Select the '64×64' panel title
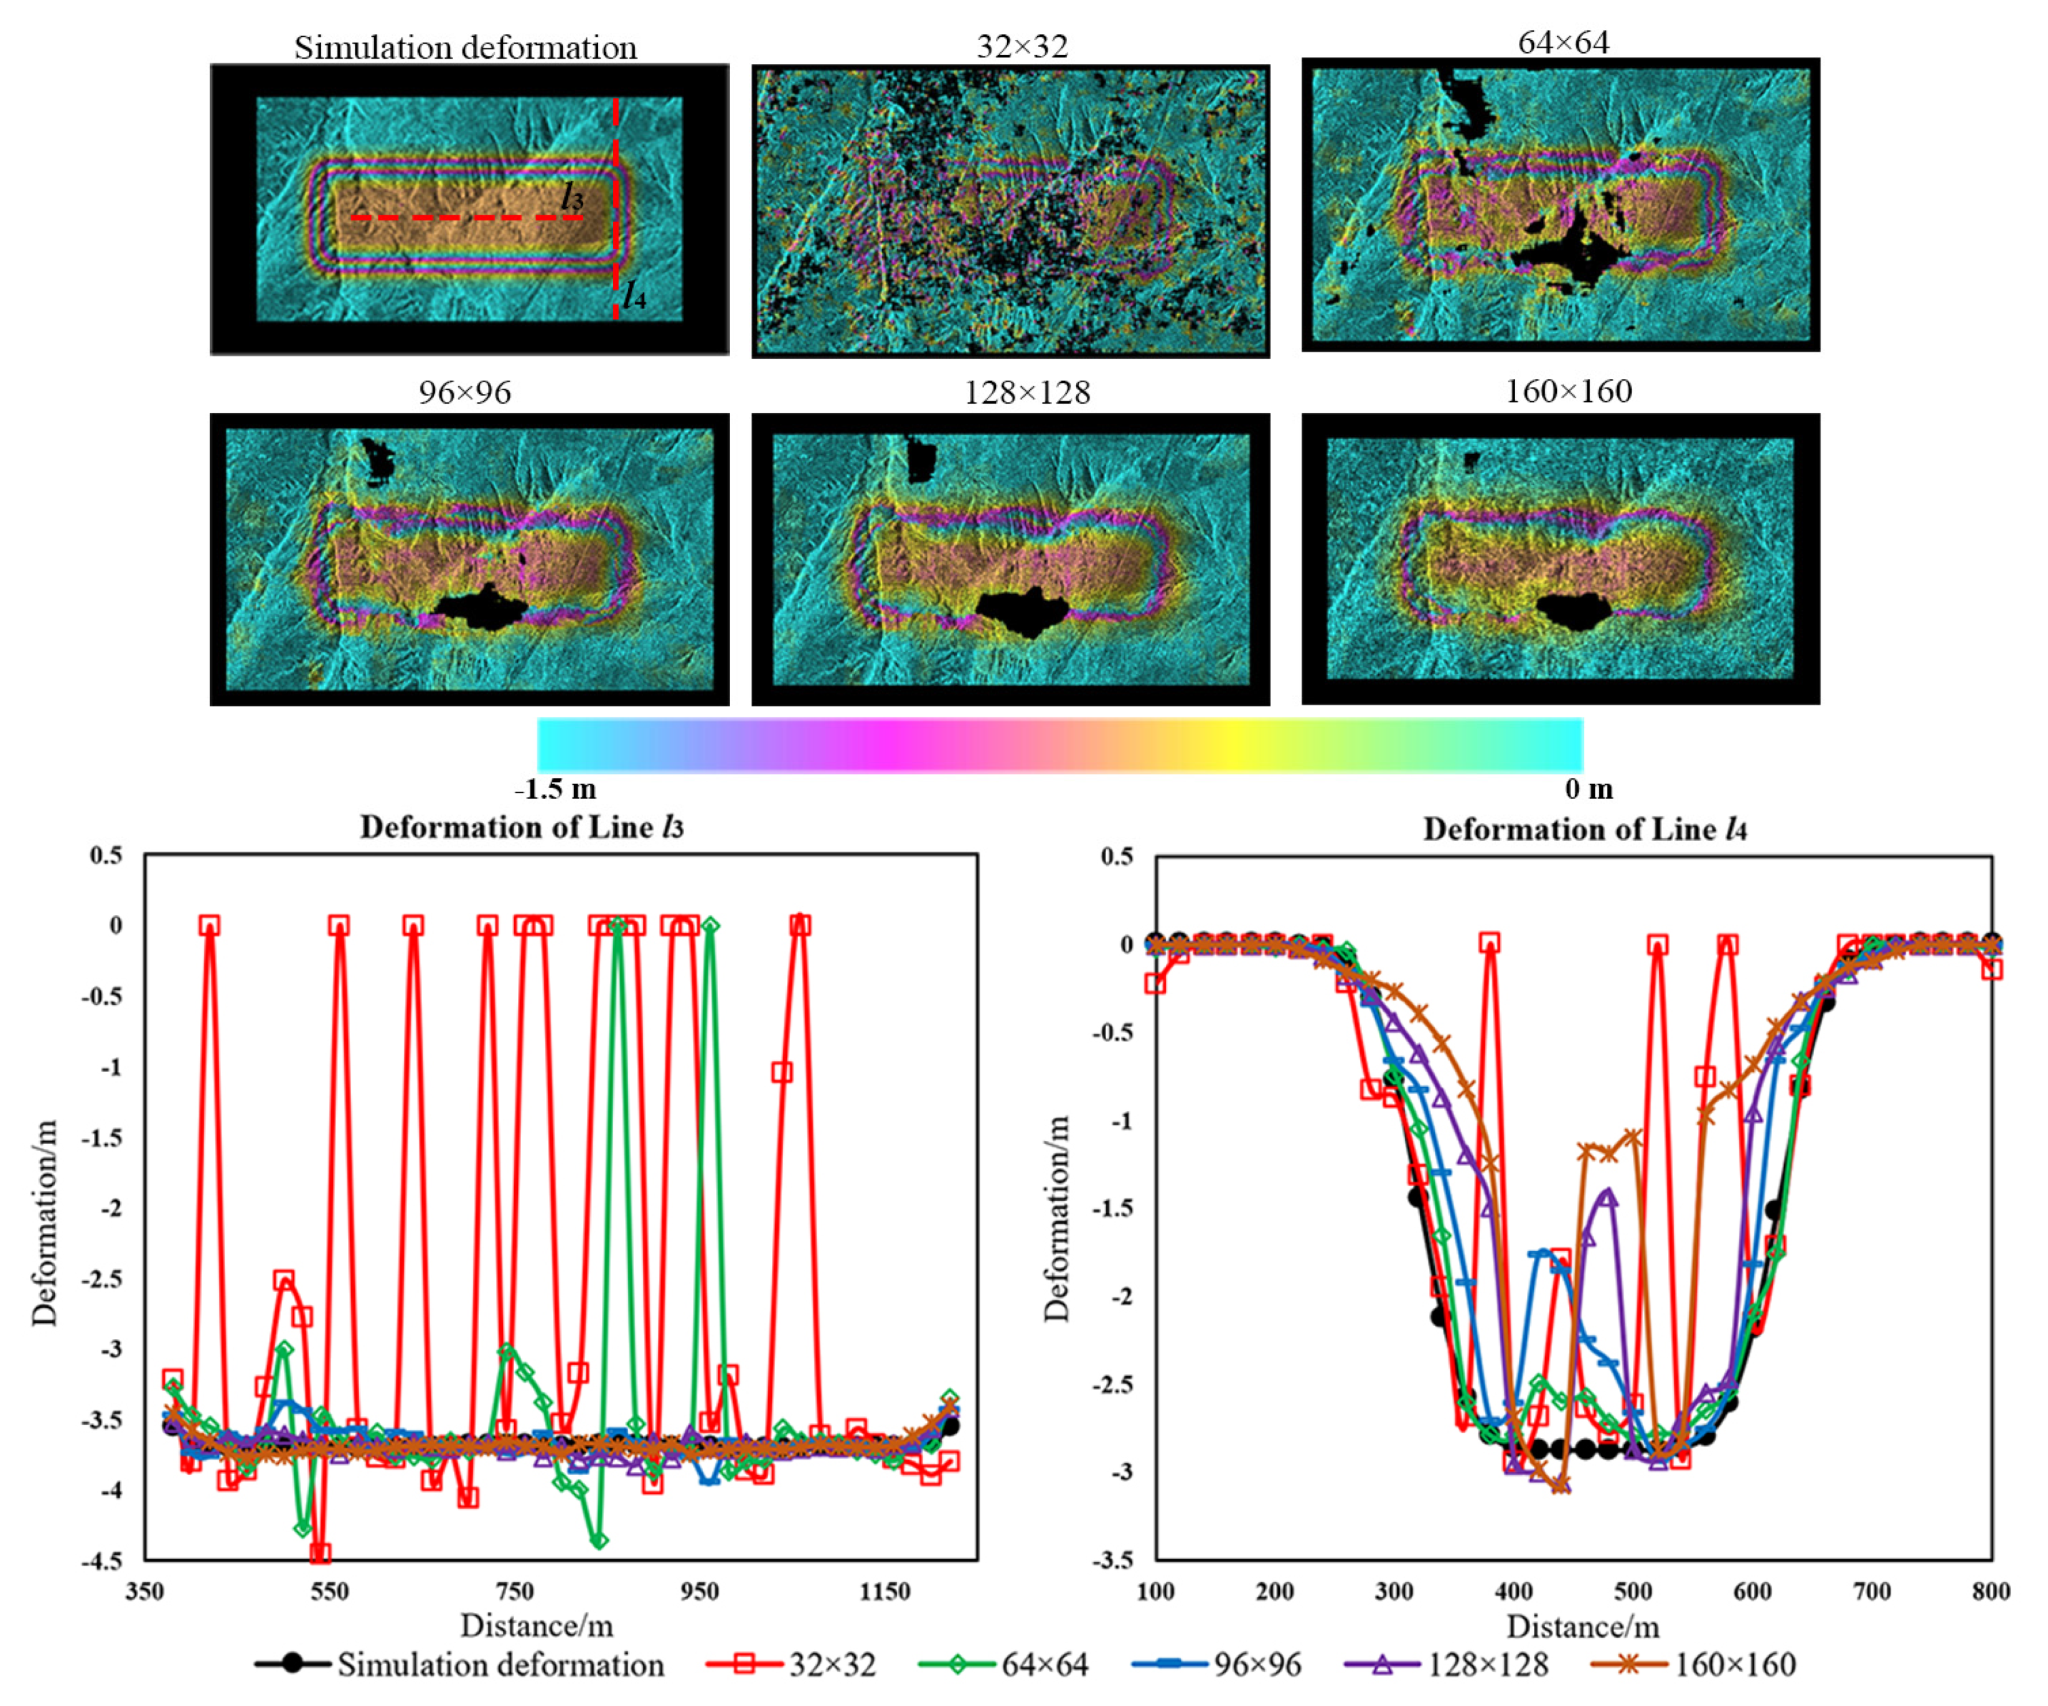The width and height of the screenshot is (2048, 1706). [1562, 42]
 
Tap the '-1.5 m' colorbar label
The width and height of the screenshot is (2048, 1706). [555, 789]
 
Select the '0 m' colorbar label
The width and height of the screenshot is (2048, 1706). [1589, 789]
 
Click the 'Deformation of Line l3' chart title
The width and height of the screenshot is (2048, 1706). [521, 827]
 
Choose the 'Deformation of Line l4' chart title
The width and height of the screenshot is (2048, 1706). [1584, 829]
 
